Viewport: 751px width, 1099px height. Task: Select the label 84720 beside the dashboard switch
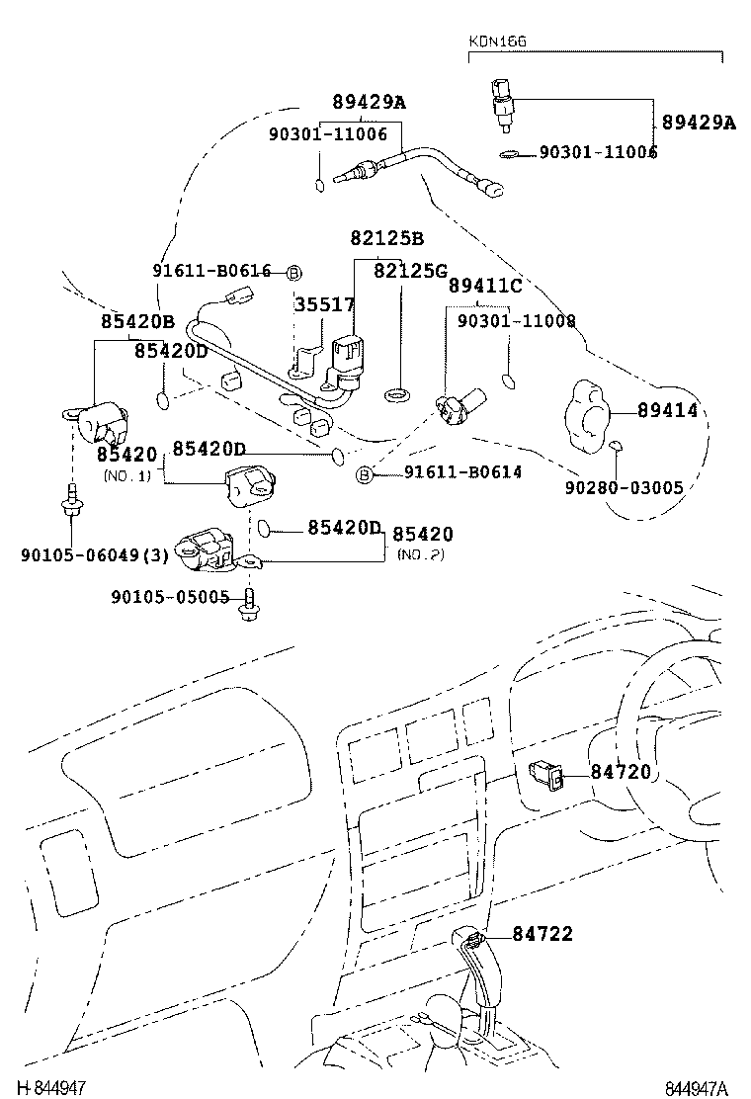click(x=622, y=772)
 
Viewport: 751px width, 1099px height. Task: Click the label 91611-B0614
click(x=462, y=473)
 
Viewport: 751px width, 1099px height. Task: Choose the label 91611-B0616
click(x=211, y=272)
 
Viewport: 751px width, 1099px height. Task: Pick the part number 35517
click(x=324, y=304)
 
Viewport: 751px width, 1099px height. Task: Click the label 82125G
click(x=410, y=270)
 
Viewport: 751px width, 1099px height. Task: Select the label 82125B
click(x=386, y=238)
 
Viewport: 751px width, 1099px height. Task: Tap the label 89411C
click(x=485, y=286)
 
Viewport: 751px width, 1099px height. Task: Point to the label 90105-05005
click(x=170, y=597)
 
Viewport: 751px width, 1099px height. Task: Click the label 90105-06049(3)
click(x=95, y=554)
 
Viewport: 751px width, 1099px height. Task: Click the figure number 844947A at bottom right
click(x=696, y=1088)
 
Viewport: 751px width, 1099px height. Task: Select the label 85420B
click(x=137, y=321)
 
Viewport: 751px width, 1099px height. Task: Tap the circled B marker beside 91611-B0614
click(x=364, y=475)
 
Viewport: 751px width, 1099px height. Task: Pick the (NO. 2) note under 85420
click(x=420, y=554)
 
